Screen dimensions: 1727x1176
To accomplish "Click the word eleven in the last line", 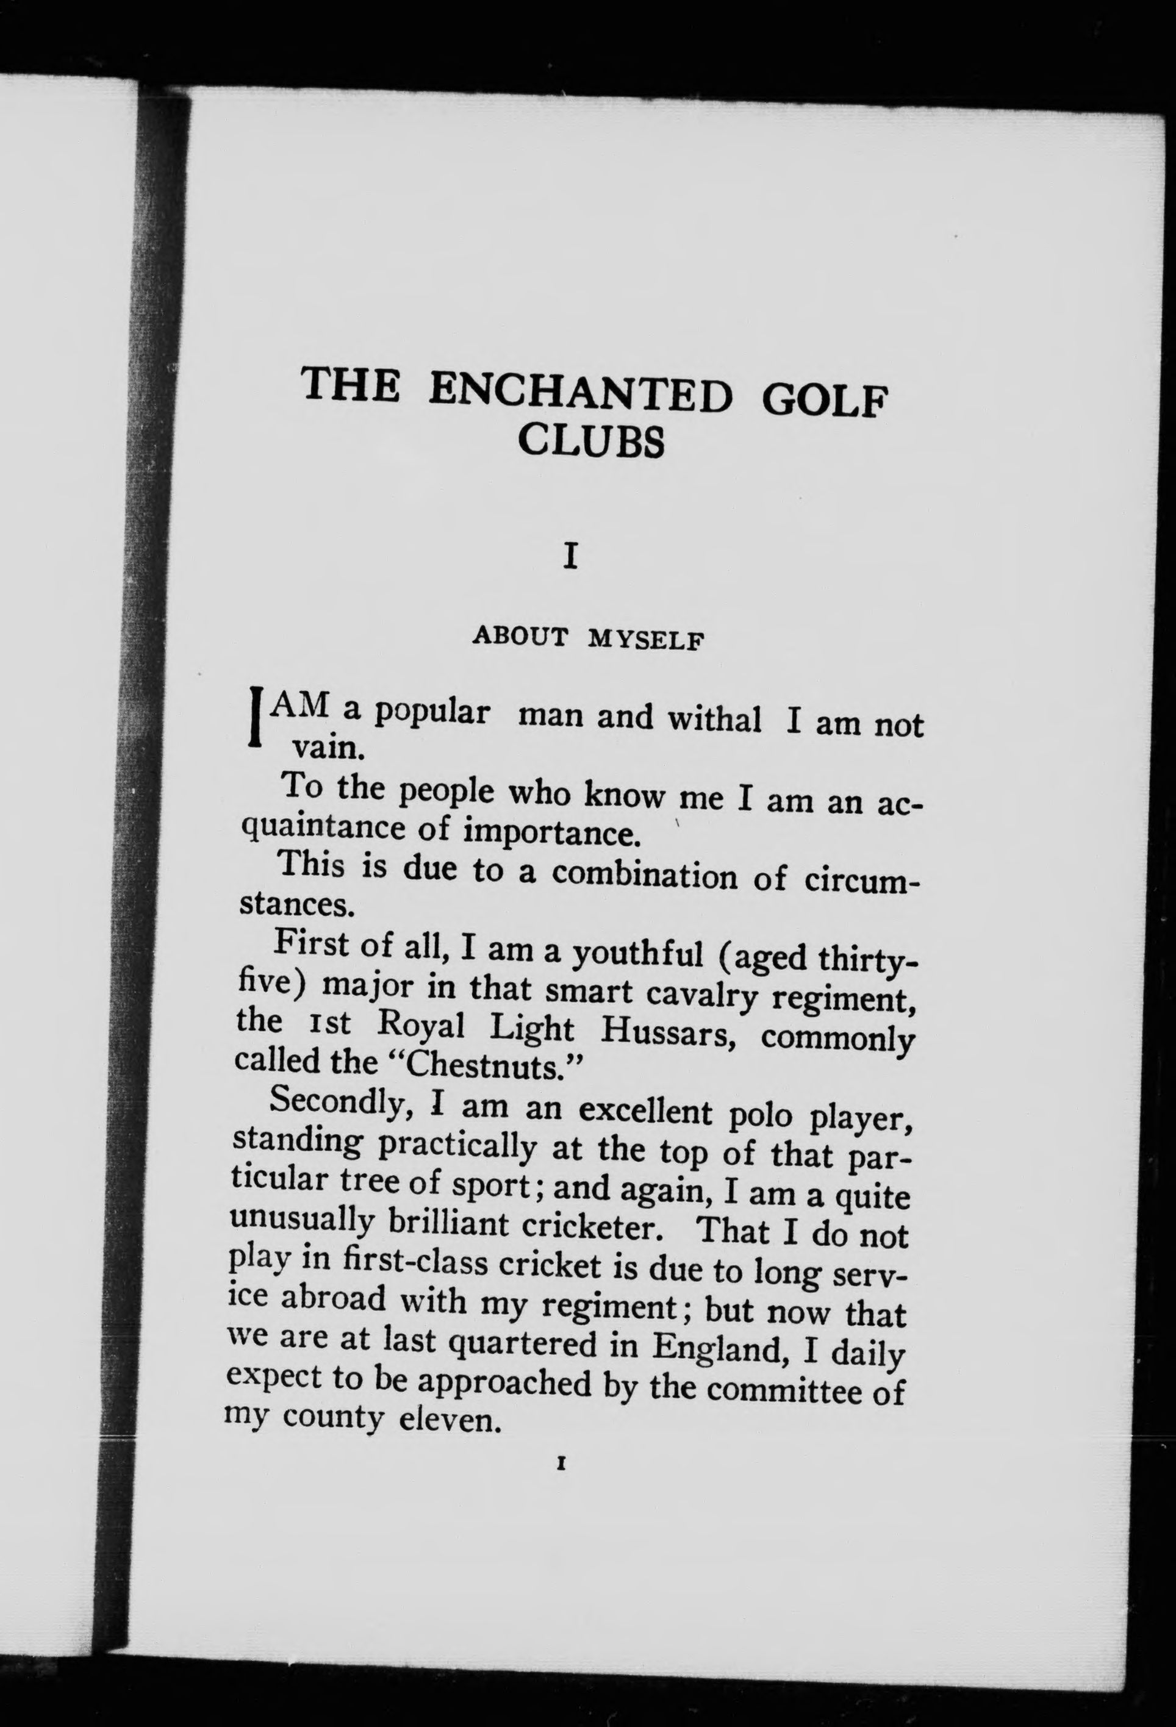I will (446, 1421).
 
